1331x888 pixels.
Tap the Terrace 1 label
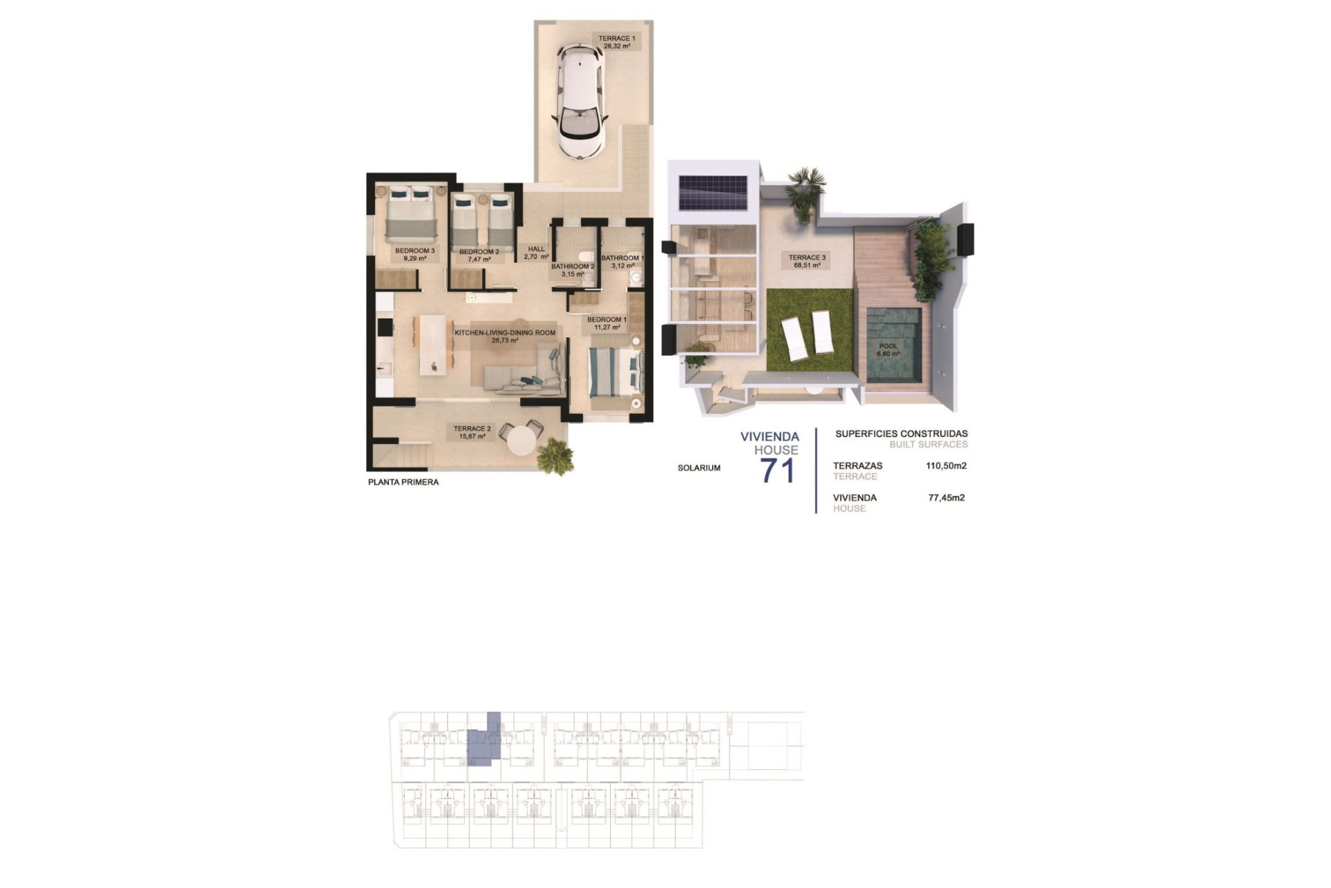click(616, 42)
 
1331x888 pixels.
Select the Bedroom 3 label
click(415, 255)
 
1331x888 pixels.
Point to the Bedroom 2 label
click(479, 255)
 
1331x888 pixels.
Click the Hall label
click(537, 253)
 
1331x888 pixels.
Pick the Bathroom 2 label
click(573, 270)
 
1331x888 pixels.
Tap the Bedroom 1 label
click(607, 323)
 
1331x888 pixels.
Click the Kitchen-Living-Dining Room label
click(505, 336)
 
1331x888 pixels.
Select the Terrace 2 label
click(472, 432)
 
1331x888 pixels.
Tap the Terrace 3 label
click(807, 261)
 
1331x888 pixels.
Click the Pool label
click(888, 350)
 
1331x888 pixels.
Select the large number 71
click(777, 471)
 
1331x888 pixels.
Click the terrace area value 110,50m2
click(946, 466)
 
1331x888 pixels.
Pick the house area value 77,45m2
click(946, 497)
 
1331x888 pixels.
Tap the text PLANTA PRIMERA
click(403, 482)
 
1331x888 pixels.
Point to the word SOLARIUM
click(699, 468)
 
